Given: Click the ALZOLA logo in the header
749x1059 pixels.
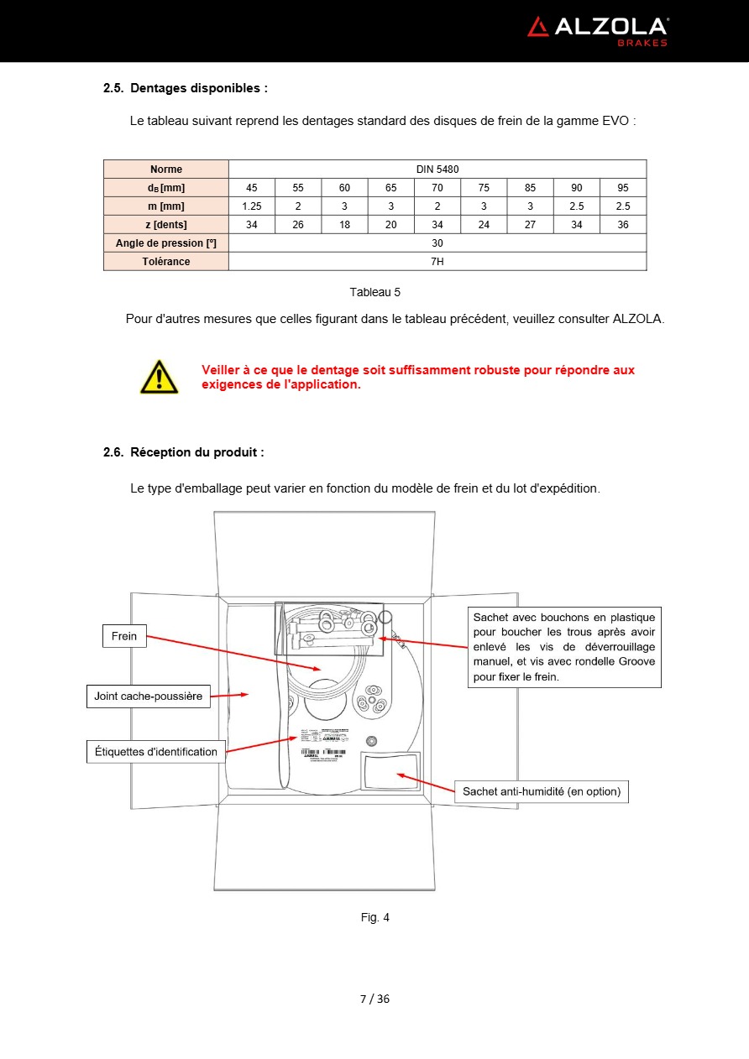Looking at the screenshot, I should point(597,29).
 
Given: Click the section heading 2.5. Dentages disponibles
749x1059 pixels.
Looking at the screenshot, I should point(186,88).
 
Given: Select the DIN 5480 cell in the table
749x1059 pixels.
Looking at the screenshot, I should point(437,170).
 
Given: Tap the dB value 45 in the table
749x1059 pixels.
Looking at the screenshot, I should point(252,188).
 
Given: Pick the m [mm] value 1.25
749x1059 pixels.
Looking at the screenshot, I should point(252,206).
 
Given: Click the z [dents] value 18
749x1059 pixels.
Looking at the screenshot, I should point(344,225).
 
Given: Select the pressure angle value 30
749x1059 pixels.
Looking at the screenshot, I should point(437,243).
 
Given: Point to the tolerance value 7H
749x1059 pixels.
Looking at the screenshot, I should point(437,262).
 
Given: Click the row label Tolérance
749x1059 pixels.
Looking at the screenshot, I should point(166,262).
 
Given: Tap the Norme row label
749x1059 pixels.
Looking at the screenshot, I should point(166,170).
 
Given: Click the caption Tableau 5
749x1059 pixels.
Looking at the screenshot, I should point(375,292).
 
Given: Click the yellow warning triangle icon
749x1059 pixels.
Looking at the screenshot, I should point(160,377).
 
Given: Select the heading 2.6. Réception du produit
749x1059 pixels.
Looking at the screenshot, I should point(184,452).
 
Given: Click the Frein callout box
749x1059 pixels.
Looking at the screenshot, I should point(124,636).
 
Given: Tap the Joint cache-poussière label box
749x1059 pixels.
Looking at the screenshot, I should point(149,696).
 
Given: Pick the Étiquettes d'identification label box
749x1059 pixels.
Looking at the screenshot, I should point(155,752).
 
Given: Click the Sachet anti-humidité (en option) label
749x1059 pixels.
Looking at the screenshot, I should point(542,791).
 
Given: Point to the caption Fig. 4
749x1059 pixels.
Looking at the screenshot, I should point(375,917).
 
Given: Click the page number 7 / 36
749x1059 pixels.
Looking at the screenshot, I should point(374,999).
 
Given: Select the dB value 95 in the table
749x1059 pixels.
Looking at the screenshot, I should point(623,188).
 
